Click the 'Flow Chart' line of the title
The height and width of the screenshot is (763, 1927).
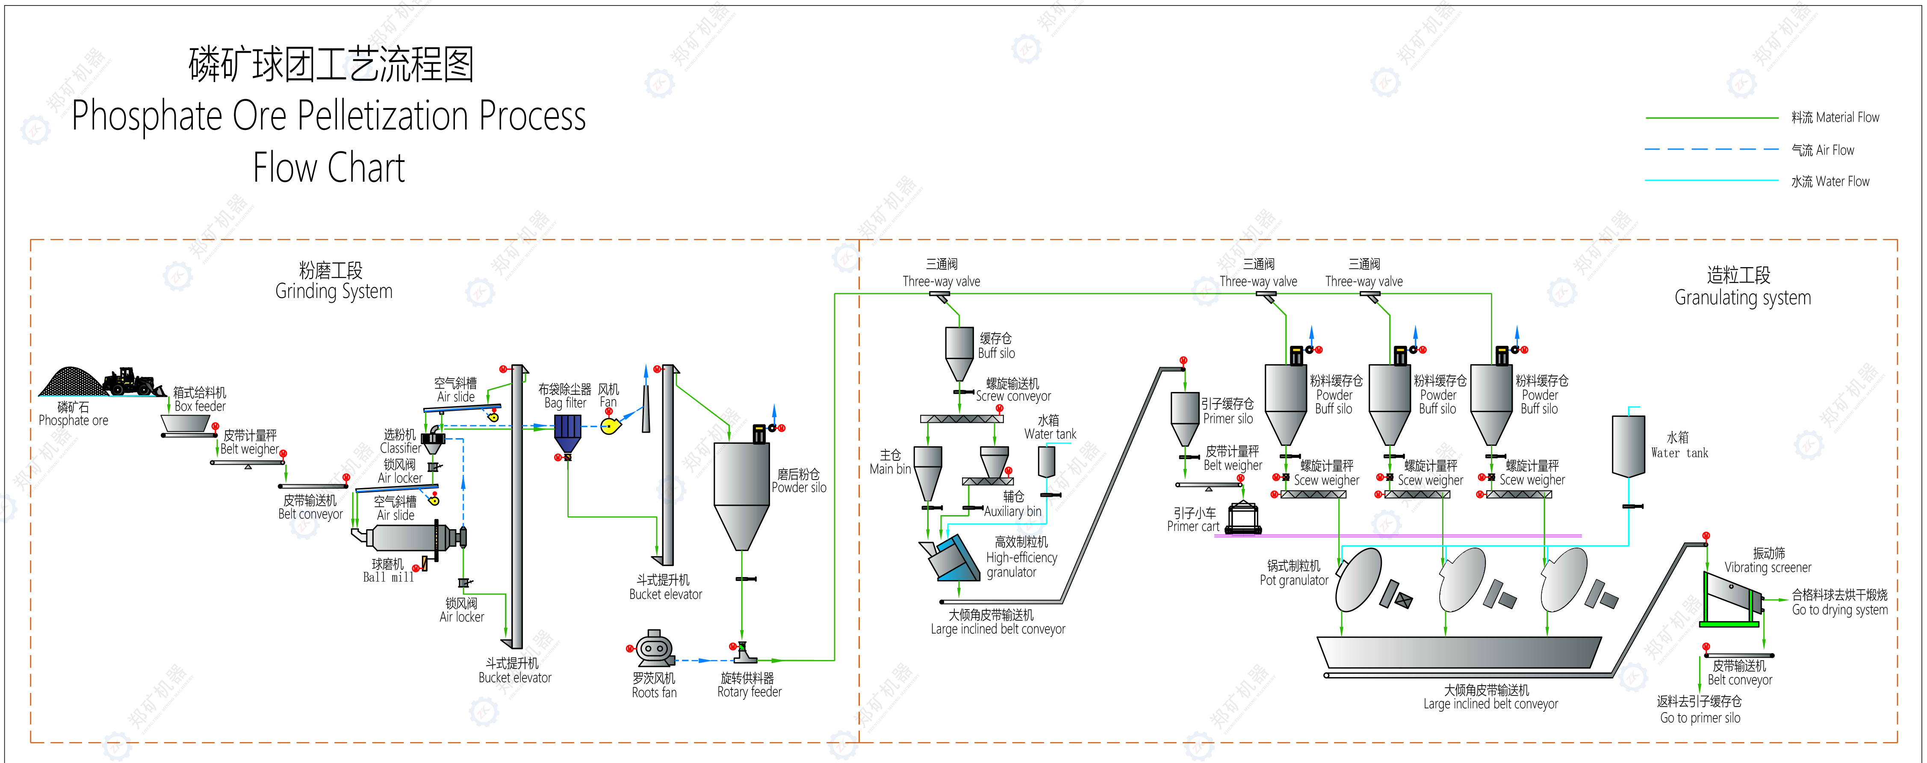click(x=329, y=168)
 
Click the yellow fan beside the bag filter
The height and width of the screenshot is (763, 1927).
click(x=611, y=426)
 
